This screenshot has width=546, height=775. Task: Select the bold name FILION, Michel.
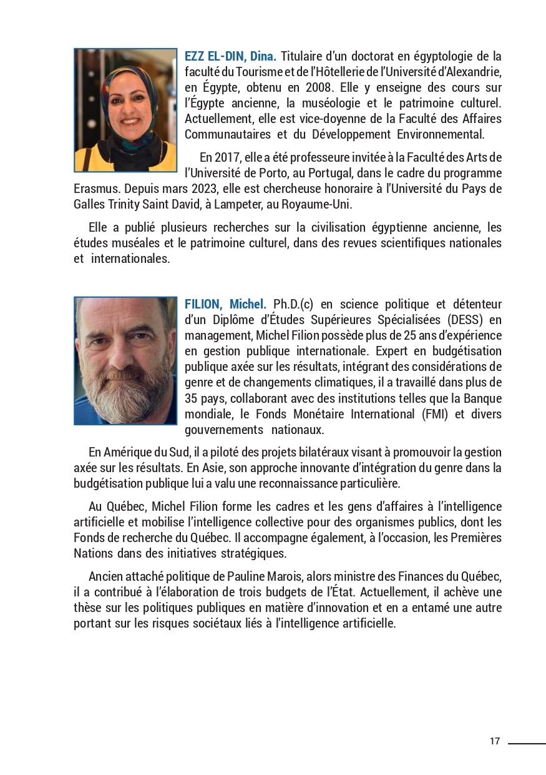click(225, 305)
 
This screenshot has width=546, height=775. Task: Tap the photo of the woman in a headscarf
click(125, 110)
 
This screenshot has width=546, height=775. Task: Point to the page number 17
click(495, 741)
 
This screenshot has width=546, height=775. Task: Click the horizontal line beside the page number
click(527, 743)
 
